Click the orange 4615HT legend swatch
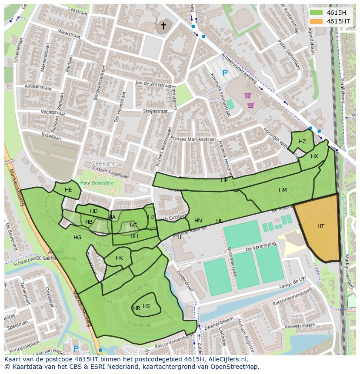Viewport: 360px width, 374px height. (x=316, y=21)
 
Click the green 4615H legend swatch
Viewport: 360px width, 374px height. (x=316, y=13)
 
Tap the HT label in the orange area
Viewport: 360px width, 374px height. (x=321, y=226)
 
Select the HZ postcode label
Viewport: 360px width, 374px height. (x=302, y=142)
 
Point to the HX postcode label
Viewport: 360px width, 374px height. (x=314, y=156)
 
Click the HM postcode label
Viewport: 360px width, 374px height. (x=283, y=190)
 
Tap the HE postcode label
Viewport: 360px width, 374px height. (x=68, y=190)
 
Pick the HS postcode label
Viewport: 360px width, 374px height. (x=146, y=306)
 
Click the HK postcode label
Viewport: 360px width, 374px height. (x=119, y=258)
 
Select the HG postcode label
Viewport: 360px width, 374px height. (x=77, y=238)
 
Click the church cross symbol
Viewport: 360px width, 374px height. (x=163, y=26)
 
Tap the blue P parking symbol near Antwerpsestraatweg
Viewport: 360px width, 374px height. (x=225, y=73)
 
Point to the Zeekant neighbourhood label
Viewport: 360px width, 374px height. (x=103, y=163)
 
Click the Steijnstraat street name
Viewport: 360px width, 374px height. (x=156, y=112)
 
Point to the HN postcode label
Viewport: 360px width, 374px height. (x=198, y=221)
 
